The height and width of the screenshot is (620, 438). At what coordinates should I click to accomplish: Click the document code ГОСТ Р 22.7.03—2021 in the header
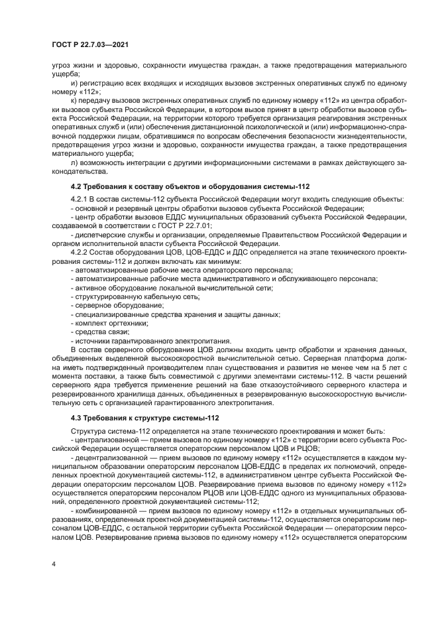point(89,44)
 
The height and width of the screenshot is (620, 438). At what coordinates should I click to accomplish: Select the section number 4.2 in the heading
point(78,186)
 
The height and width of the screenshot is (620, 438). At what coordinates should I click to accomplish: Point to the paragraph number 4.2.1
point(81,200)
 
